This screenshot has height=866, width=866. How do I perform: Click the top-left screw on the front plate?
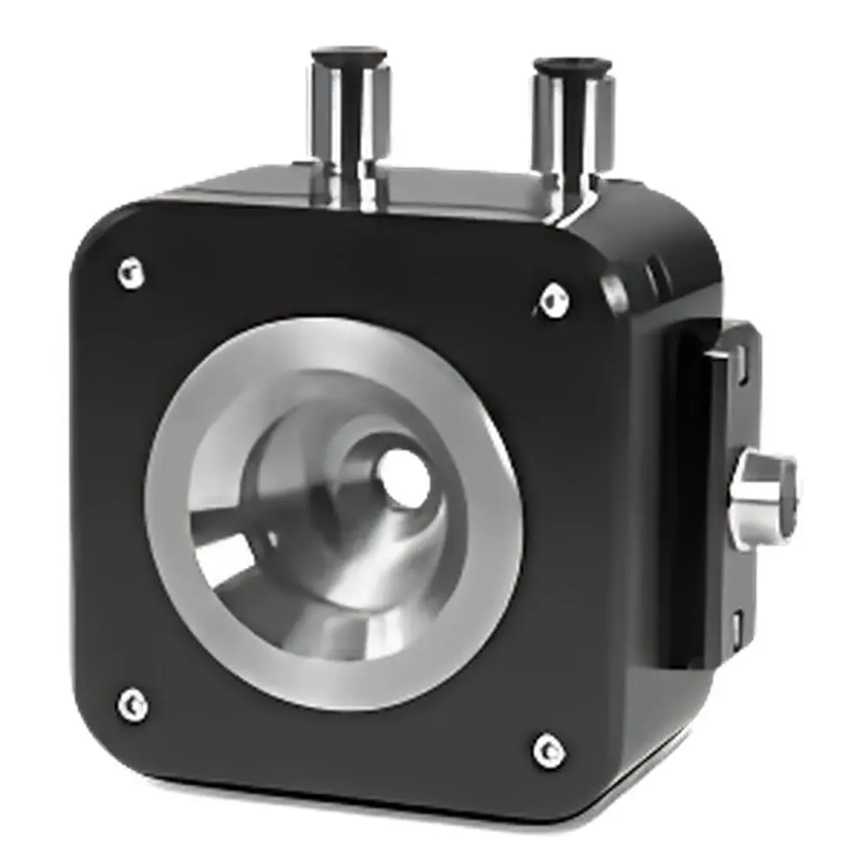point(131,274)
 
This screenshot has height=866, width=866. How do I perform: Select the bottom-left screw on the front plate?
point(132,704)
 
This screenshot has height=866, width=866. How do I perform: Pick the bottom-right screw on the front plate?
point(548,750)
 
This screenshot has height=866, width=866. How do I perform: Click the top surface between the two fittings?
point(459,186)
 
